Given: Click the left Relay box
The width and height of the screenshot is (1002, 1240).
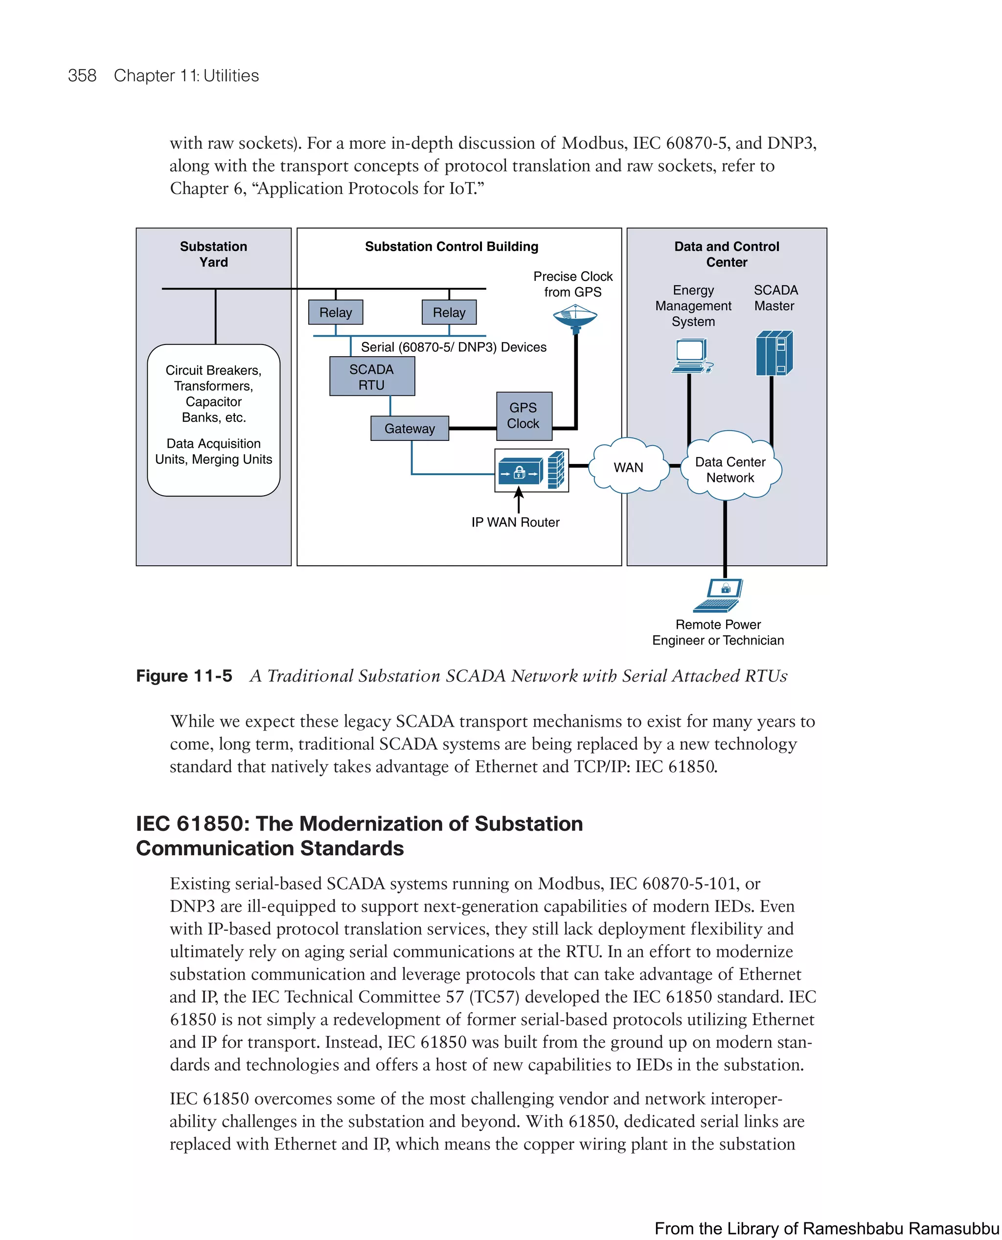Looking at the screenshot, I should (x=335, y=312).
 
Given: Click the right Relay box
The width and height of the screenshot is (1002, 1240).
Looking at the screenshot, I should (x=449, y=312).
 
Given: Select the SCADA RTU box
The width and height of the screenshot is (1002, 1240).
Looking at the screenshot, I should (x=372, y=376).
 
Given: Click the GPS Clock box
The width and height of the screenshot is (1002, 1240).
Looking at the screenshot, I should (x=524, y=415).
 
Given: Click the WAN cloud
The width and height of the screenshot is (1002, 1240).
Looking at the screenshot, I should (x=628, y=466).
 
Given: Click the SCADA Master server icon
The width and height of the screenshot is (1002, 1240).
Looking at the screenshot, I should (x=774, y=353).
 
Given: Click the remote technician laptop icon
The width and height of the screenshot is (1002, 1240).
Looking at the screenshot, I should (x=719, y=595).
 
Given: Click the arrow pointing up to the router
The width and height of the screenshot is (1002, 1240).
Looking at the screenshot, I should (x=518, y=499).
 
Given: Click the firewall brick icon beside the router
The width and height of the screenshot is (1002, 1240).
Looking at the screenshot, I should (x=556, y=469).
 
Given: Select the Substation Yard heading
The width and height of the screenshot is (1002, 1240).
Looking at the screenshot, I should (x=213, y=254).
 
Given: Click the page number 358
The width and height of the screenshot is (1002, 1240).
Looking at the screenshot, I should (x=82, y=76).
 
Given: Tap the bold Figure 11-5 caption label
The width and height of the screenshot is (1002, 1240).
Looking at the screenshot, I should (x=184, y=675).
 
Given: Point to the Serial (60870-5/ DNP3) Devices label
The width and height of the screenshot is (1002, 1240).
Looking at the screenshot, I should (x=453, y=347).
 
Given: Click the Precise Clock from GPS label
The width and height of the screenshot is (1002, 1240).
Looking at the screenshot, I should (x=572, y=284).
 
